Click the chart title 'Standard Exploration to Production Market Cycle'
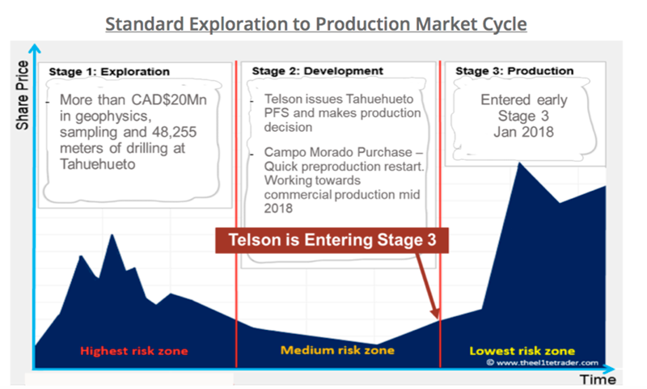pos(316,24)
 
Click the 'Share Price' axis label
pos(23,95)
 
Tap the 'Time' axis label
pos(598,379)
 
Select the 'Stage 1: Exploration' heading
pos(109,72)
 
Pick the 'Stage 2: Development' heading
pos(318,71)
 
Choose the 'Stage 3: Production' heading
pos(514,71)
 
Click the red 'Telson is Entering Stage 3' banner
pos(332,240)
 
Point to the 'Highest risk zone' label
pos(134,351)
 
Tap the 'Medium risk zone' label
pos(337,350)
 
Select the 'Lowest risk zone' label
pos(522,351)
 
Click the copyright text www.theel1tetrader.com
pos(542,362)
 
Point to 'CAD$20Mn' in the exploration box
pos(169,99)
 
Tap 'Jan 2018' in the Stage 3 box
pos(523,132)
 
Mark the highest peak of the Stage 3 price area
pos(520,163)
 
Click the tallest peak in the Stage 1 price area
pos(112,235)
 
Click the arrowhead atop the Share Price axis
pos(35,49)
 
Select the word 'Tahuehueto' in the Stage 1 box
pos(97,164)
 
